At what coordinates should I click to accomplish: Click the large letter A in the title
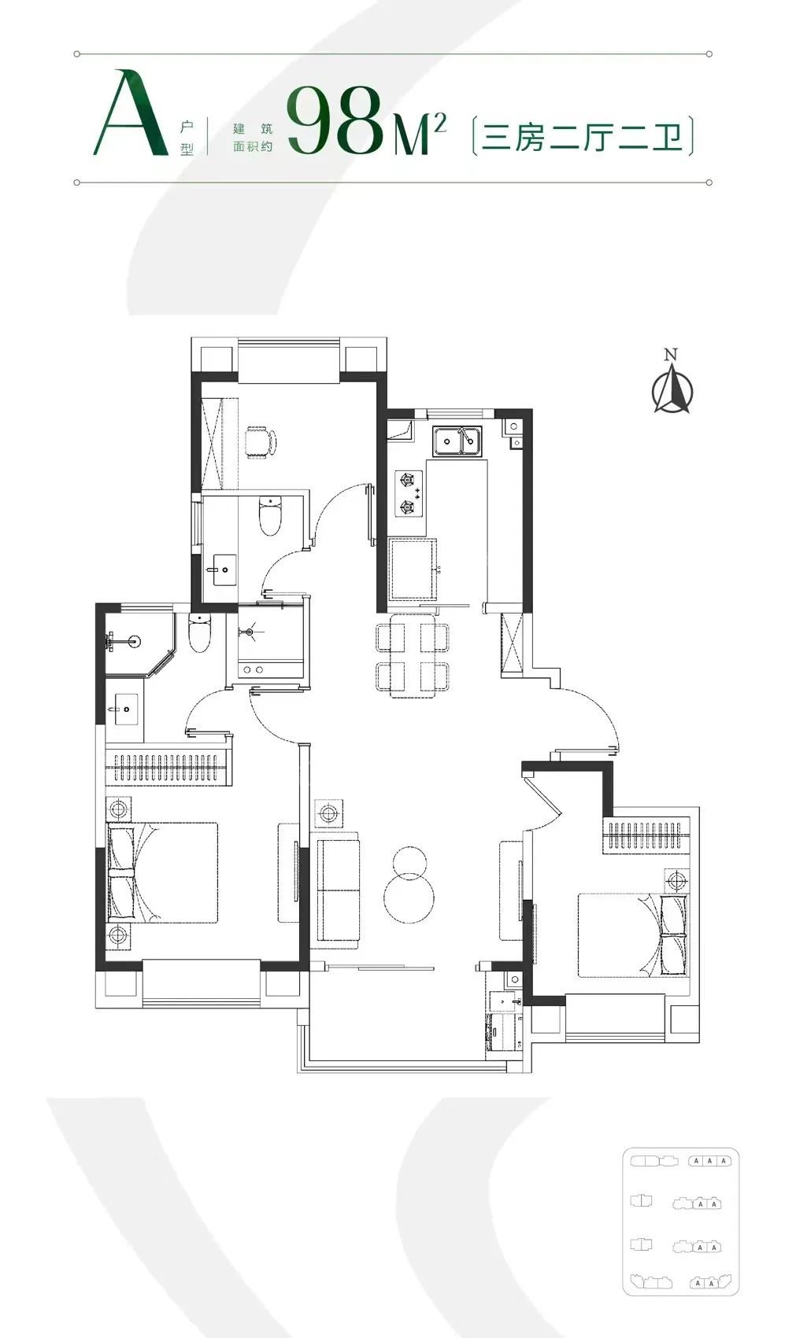point(130,113)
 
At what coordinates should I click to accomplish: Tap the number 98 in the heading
point(335,119)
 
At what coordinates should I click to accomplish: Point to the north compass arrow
point(672,389)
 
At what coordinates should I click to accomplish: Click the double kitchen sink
point(457,441)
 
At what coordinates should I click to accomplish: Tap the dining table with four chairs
point(413,656)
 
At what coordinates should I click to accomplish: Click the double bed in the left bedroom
point(162,872)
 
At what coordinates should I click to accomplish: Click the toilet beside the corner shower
point(200,633)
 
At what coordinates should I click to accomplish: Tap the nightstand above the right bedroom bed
point(676,880)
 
